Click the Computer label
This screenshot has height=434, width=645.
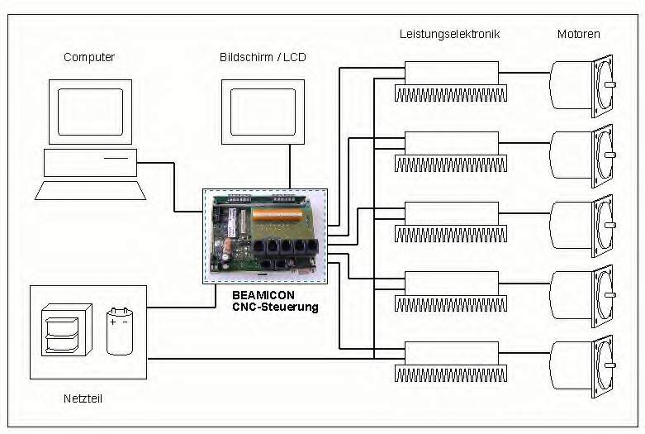tap(89, 57)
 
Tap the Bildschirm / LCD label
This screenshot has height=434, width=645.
tap(263, 57)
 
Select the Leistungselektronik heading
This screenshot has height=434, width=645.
tap(449, 34)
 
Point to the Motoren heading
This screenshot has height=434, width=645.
tap(578, 34)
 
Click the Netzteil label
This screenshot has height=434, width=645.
tap(83, 398)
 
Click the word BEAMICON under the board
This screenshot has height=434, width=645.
tap(263, 295)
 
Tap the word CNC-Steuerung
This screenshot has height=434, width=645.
tap(275, 307)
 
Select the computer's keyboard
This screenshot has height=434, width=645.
tap(91, 190)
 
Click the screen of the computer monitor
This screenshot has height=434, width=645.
tap(91, 112)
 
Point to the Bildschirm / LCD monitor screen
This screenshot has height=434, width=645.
tap(263, 112)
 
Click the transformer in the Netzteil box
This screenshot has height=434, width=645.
tap(67, 330)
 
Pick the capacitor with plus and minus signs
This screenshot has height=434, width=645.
tap(120, 331)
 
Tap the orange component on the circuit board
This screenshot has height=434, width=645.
tap(277, 215)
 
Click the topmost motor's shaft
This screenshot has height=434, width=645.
tap(610, 85)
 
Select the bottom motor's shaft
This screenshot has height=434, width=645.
tap(610, 365)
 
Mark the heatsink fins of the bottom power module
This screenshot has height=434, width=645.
tap(451, 374)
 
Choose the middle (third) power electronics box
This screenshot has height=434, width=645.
tap(452, 213)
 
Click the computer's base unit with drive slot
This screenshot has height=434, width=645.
tap(91, 163)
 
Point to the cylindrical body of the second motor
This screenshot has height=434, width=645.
tap(571, 155)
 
